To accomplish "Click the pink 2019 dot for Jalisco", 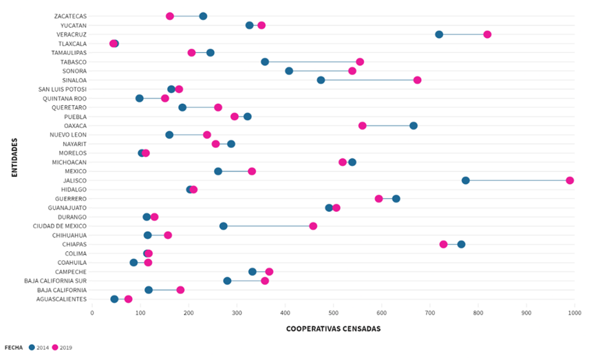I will click(x=570, y=180).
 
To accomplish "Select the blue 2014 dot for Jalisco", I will click(x=466, y=180).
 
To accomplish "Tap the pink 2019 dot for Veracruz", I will click(x=487, y=34).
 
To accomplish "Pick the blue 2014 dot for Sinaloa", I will click(x=321, y=80).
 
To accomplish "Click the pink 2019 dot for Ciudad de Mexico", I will click(x=313, y=226).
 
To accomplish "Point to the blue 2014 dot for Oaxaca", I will click(x=414, y=125).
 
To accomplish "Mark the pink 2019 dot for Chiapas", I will click(x=443, y=244).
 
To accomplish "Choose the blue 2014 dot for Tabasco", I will click(x=265, y=62).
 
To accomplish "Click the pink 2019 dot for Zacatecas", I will click(x=170, y=16).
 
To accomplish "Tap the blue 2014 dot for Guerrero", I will click(x=396, y=199).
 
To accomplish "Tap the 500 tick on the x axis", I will click(x=333, y=313).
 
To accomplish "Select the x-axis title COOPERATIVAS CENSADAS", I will click(x=333, y=329).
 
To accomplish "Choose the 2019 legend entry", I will click(x=62, y=348).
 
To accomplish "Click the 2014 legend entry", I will click(x=39, y=348).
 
